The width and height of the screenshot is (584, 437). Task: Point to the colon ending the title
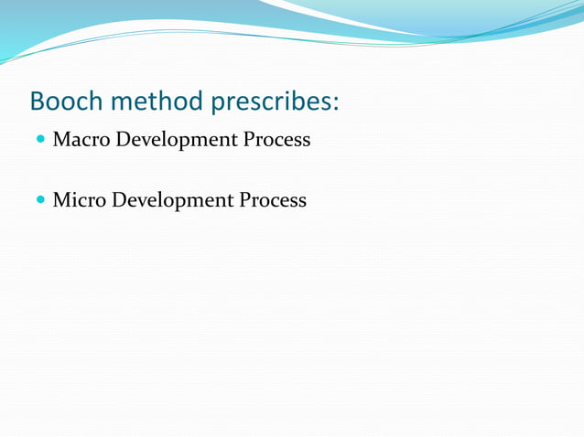click(x=336, y=103)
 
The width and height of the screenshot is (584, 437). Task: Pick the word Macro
click(x=80, y=140)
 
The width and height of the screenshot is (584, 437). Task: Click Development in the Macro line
click(x=174, y=141)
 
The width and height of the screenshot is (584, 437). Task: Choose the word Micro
click(x=79, y=199)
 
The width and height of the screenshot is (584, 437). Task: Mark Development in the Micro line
click(x=171, y=200)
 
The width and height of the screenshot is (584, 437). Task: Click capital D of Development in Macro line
click(x=120, y=140)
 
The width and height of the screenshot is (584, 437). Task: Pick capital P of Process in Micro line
click(x=245, y=199)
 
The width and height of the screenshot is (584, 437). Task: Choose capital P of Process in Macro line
click(x=249, y=140)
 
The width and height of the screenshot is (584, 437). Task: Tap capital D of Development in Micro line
click(x=117, y=199)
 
